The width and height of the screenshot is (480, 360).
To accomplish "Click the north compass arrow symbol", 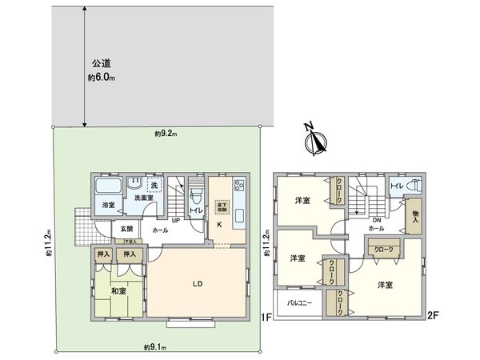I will [x=316, y=141].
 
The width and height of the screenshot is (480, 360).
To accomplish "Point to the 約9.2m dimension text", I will [x=166, y=134].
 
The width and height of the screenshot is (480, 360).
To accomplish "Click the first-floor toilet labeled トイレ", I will [x=195, y=210].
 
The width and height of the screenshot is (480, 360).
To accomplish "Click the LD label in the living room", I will [x=195, y=283].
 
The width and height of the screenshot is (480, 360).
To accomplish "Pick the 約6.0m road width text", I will [x=102, y=77].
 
